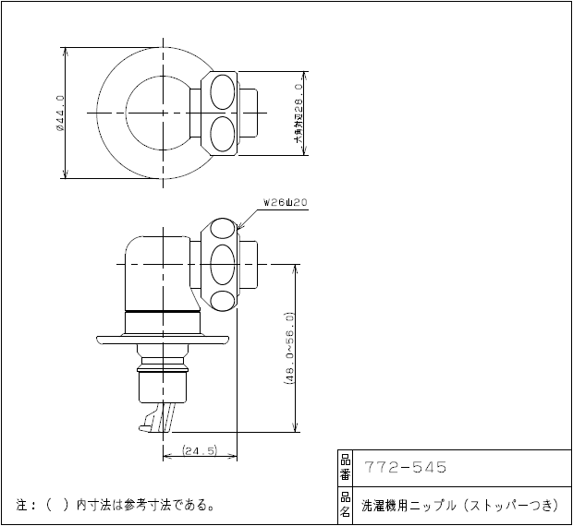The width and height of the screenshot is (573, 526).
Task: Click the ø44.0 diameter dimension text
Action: (59, 112)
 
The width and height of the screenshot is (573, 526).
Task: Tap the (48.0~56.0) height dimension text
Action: (289, 351)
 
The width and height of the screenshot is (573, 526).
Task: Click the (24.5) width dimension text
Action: (199, 450)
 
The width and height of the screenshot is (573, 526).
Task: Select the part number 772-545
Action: (406, 468)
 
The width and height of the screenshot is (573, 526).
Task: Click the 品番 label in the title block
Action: (345, 468)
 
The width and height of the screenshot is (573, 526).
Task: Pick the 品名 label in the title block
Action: (345, 505)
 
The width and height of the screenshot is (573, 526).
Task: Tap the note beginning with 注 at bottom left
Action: (116, 505)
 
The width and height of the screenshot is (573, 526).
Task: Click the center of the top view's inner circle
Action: (163, 112)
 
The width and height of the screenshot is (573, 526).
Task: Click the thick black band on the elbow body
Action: (163, 312)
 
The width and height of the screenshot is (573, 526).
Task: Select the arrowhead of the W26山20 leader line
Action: (239, 226)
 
